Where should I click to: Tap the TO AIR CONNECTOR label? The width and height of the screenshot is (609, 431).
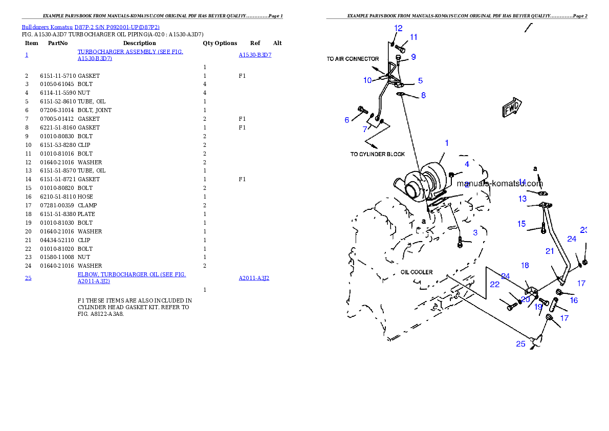coord(353,59)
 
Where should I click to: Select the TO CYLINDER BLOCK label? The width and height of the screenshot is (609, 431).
coord(377,154)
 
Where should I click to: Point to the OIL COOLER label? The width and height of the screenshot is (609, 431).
coord(417,272)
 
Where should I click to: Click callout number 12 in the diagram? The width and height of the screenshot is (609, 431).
coord(398,28)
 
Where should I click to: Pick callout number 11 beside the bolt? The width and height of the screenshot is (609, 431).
coord(414,37)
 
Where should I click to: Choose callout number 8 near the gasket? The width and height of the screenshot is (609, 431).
coord(423,95)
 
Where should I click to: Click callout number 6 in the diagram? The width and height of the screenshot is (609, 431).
coord(347,120)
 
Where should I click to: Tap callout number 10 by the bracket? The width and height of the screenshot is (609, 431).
coord(367,80)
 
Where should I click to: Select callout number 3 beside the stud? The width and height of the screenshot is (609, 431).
coord(475,232)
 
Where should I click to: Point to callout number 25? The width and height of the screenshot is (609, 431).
coord(520,344)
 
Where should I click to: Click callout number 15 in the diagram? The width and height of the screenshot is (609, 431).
coord(521,224)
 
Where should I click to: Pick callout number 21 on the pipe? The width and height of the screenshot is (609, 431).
coord(550,251)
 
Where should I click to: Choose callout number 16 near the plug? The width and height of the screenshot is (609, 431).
coord(574,300)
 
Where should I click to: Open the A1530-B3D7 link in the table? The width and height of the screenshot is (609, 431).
coord(255,55)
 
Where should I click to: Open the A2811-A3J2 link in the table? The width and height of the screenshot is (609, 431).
coord(254,278)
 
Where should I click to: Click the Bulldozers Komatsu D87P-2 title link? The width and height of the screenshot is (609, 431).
coord(91,27)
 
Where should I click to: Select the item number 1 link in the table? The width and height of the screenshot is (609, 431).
coord(27,55)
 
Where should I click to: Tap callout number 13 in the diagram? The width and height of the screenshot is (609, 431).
coord(522,199)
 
